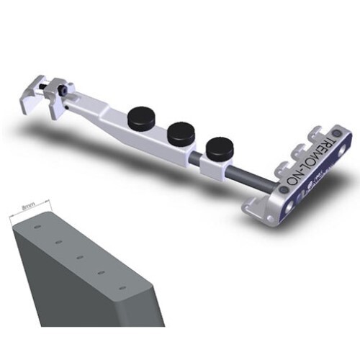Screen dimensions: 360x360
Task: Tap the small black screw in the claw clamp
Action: tap(64, 91)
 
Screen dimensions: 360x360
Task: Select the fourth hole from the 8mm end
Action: tap(102, 272)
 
